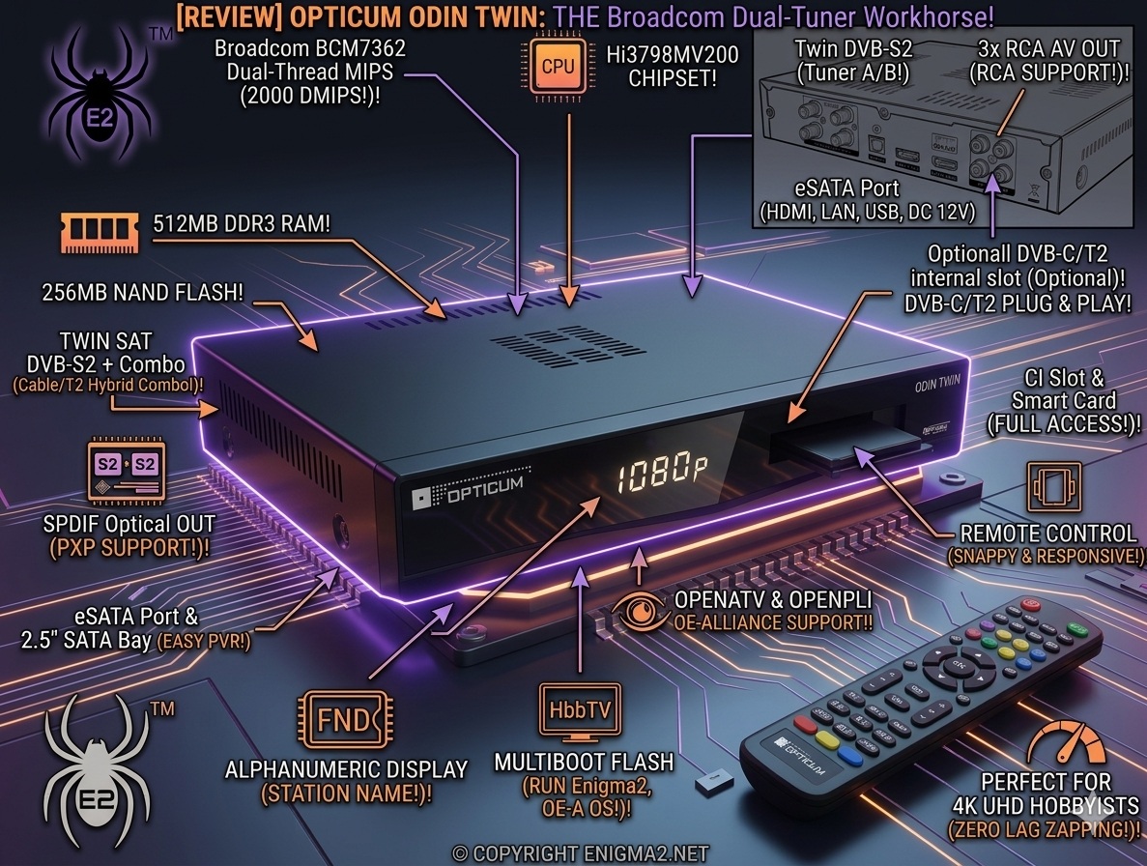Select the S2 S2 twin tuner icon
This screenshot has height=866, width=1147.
(126, 468)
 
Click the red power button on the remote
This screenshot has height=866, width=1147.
(1029, 604)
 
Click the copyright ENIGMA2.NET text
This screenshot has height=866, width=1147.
(580, 853)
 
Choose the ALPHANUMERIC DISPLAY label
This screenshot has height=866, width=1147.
(346, 769)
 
